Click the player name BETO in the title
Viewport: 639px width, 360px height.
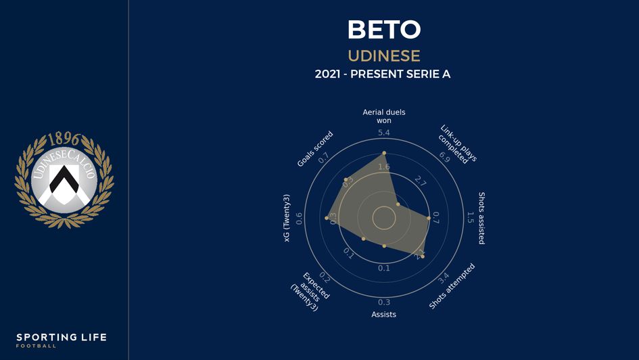click(x=383, y=30)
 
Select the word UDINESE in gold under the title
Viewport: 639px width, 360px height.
click(x=383, y=55)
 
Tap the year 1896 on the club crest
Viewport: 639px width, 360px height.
click(x=64, y=140)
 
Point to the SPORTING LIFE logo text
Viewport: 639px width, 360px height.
click(x=62, y=337)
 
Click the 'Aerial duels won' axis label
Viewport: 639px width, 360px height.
click(x=384, y=116)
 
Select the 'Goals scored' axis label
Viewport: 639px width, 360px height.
click(x=315, y=149)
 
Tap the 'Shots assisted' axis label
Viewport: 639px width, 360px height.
click(x=481, y=218)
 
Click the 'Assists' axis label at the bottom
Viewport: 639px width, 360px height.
click(x=384, y=315)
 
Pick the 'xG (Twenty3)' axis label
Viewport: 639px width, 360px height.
click(x=287, y=218)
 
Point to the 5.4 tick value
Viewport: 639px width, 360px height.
click(x=384, y=133)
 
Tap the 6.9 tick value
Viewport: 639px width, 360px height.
click(x=444, y=158)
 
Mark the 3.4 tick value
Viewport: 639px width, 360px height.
click(x=444, y=278)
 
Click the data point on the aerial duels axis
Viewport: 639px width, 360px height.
click(x=384, y=153)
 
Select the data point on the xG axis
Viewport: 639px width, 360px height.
click(x=327, y=218)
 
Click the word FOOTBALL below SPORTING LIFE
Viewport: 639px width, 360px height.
click(x=37, y=346)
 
